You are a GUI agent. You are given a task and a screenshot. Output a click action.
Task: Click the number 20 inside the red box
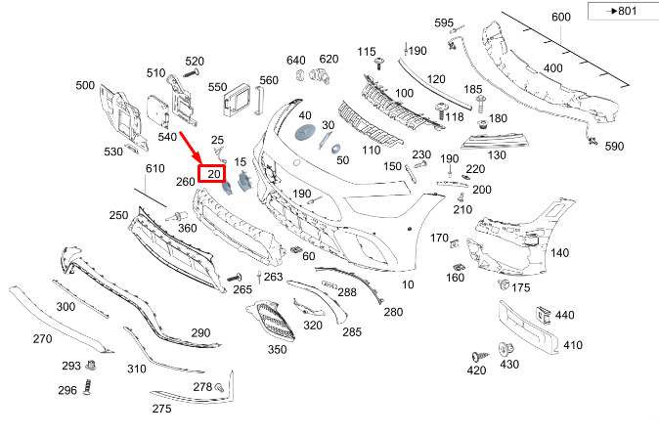click(212, 174)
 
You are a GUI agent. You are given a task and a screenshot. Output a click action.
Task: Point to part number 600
click(560, 18)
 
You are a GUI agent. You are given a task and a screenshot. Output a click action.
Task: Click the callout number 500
click(85, 85)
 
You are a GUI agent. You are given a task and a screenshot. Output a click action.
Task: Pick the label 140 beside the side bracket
click(559, 253)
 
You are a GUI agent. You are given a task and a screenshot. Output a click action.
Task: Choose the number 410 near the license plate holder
click(572, 345)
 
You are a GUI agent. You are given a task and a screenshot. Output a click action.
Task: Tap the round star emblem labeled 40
click(303, 134)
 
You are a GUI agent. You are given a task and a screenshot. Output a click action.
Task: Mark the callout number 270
click(42, 339)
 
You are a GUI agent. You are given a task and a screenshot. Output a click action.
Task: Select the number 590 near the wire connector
click(613, 147)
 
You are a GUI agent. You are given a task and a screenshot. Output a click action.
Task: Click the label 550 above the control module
click(217, 87)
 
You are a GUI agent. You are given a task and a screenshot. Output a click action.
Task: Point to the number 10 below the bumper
click(408, 285)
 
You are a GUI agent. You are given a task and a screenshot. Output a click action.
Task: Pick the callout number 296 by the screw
click(66, 390)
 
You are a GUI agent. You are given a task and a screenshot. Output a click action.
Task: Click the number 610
click(155, 170)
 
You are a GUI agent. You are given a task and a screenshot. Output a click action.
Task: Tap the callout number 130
click(496, 155)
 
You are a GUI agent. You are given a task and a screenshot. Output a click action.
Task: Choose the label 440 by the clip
click(565, 315)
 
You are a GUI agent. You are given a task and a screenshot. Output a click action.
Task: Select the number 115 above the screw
click(367, 51)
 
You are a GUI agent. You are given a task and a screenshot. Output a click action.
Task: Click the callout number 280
click(393, 312)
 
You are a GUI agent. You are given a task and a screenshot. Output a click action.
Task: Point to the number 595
click(444, 22)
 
